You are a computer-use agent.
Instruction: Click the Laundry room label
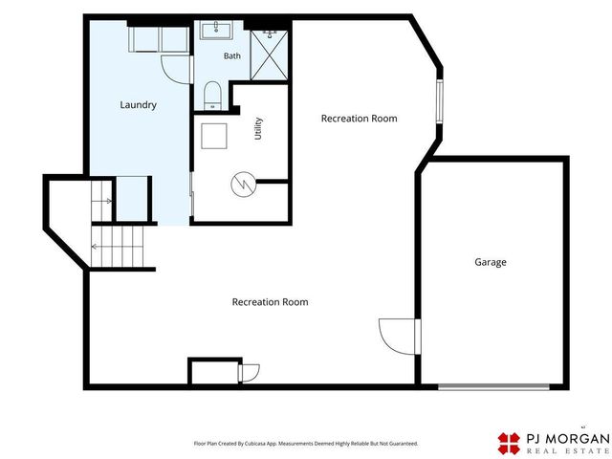point(138,104)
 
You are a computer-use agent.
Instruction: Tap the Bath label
point(231,55)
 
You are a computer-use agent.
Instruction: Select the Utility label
point(258,128)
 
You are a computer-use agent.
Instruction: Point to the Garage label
point(491,262)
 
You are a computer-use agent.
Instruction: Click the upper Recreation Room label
point(360,119)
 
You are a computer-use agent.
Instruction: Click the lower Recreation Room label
point(270,302)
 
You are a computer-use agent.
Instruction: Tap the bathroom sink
point(216,31)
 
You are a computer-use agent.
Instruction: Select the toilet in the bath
point(212,96)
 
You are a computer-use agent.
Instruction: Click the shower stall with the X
point(269,55)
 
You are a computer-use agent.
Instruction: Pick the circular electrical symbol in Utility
point(244,185)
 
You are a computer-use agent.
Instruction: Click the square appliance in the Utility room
point(214,136)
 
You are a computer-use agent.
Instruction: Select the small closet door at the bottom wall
point(249,374)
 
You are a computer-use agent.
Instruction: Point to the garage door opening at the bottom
point(493,386)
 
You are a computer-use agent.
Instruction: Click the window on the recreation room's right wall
point(440,101)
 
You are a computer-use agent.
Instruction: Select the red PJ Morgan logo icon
point(509,444)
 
